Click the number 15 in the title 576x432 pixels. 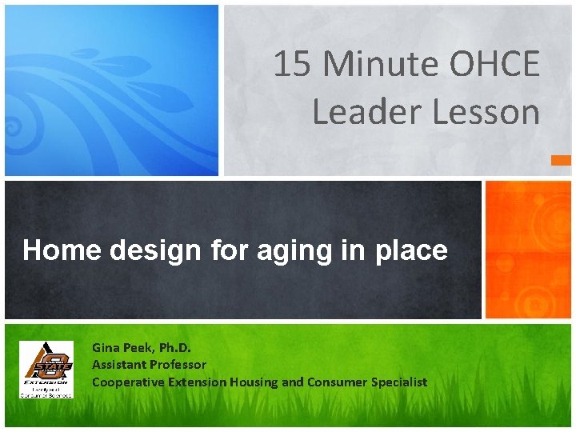click(292, 65)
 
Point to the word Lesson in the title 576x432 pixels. click(486, 112)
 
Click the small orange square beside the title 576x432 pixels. click(562, 160)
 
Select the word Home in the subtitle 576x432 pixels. click(62, 251)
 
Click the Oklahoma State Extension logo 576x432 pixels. click(46, 369)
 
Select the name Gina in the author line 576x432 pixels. click(105, 347)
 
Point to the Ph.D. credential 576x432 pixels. click(175, 347)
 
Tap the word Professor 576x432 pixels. click(176, 365)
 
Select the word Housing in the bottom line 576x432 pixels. click(254, 382)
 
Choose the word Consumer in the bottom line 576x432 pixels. click(336, 382)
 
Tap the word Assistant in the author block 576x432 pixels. click(118, 365)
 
